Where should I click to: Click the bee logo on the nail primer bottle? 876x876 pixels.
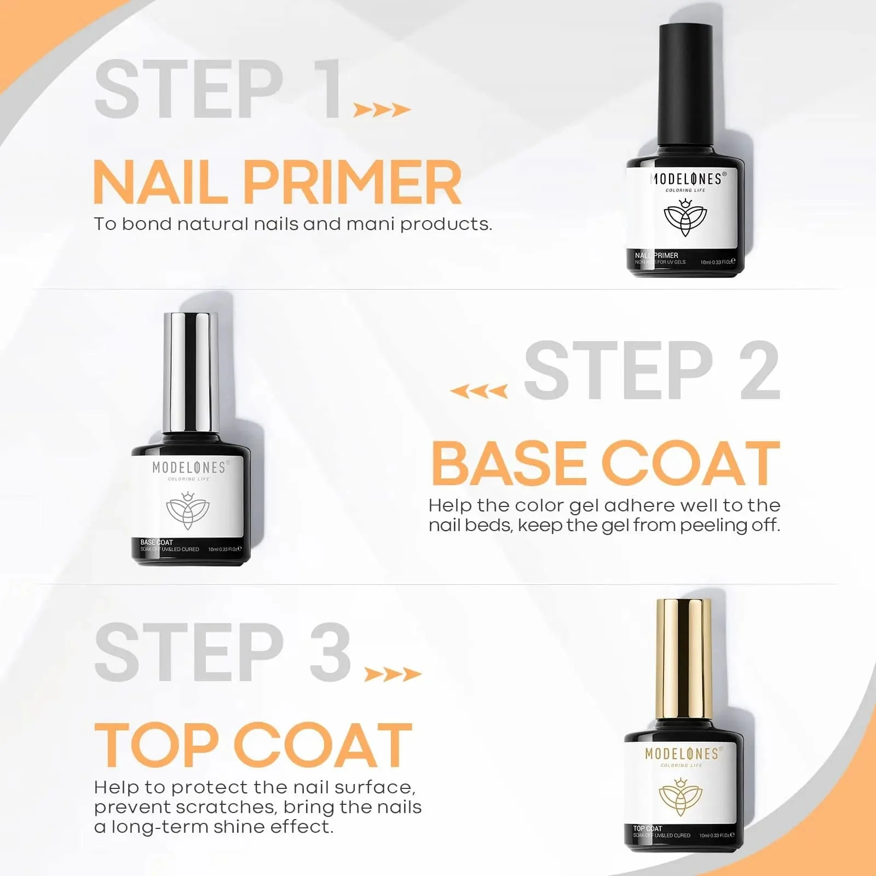(685, 218)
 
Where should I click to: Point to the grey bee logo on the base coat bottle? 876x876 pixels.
(188, 510)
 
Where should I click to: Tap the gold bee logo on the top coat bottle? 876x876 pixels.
(680, 796)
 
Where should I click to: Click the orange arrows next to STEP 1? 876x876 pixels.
(382, 110)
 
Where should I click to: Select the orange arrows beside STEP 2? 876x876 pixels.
(479, 391)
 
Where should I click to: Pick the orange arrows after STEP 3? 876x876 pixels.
(393, 674)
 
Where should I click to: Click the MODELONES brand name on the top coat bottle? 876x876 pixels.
(682, 754)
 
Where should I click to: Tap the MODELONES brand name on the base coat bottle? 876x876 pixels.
(188, 468)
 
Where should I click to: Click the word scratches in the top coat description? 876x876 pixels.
(222, 808)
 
